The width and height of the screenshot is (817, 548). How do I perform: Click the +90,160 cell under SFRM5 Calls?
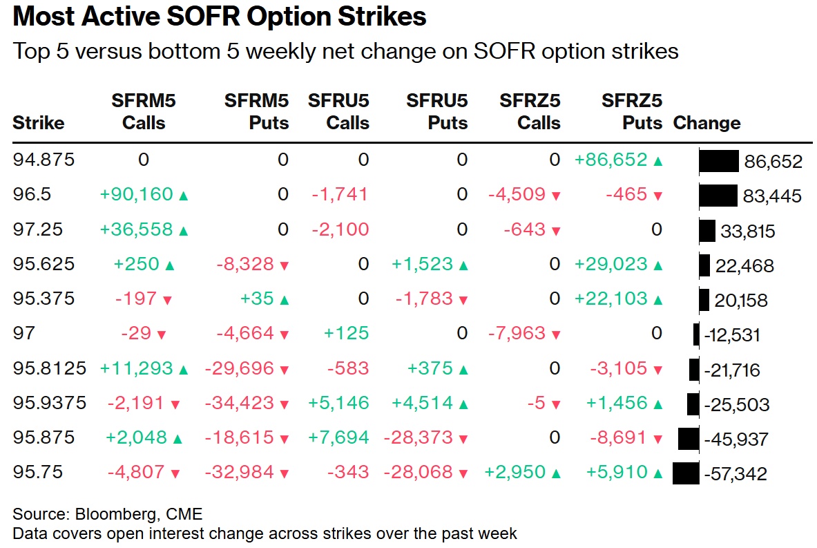136,195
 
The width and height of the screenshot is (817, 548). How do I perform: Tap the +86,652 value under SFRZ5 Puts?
611,160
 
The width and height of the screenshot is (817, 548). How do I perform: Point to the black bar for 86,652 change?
719,161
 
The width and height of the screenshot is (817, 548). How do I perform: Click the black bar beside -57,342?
686,473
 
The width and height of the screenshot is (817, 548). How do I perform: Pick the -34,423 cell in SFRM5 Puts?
238,404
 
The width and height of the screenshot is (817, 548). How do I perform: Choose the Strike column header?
39,123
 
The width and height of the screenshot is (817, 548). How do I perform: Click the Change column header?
707,123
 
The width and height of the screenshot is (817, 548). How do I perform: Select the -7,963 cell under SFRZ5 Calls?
517,334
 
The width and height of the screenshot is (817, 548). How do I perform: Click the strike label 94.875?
44,160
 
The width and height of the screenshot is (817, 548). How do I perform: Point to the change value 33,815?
747,231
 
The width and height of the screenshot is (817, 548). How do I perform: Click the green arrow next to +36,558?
183,231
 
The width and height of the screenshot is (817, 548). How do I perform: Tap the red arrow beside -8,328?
284,265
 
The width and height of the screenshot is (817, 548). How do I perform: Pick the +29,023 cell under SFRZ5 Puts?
611,265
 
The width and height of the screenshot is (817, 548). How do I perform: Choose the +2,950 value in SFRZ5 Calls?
517,473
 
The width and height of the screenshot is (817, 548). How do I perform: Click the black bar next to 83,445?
718,196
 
